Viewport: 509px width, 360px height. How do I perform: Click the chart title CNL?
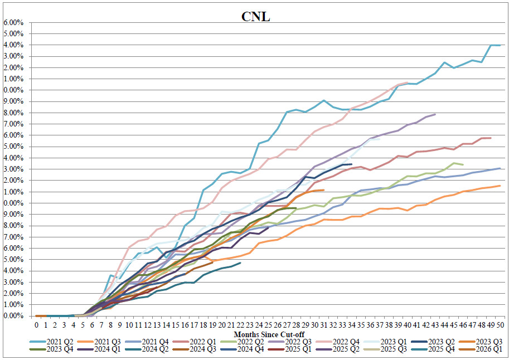coord(255,17)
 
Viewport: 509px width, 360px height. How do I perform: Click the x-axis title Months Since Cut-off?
coord(269,334)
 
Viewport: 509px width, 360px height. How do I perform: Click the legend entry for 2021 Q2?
coord(51,342)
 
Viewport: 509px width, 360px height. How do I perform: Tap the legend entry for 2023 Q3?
coord(481,342)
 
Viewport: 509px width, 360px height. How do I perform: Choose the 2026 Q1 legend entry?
coord(481,349)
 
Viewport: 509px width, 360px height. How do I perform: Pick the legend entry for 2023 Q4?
coord(51,349)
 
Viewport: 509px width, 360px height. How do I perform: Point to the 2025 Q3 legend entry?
coord(385,349)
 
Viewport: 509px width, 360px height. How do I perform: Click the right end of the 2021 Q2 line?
coord(500,45)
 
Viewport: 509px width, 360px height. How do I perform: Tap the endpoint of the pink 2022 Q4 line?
coord(408,82)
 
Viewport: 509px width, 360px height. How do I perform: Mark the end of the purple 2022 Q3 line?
coord(435,114)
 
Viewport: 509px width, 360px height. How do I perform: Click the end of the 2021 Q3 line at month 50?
coord(500,186)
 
